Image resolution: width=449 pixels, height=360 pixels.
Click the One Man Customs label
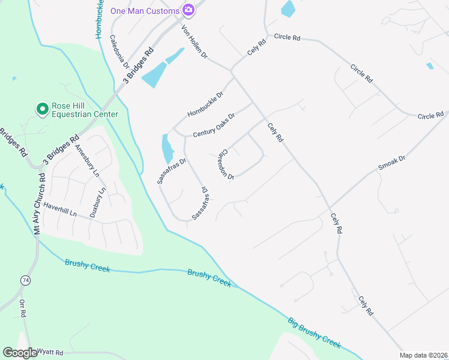[x=145, y=11]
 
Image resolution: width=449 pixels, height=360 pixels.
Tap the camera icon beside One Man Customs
[x=188, y=10]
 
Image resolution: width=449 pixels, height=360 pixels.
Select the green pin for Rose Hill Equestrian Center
[x=42, y=109]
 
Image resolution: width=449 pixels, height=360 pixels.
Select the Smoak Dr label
[x=392, y=163]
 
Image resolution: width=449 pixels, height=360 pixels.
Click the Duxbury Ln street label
[x=97, y=202]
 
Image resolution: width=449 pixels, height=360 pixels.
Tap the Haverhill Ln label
[x=60, y=211]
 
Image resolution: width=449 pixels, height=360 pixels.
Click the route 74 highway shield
[x=25, y=280]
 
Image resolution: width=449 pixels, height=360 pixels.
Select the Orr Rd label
[x=23, y=310]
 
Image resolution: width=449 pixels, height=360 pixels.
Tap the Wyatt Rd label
[x=50, y=352]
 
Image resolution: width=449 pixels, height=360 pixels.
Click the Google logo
[x=20, y=353]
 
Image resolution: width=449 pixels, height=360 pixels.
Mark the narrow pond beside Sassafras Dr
[x=166, y=149]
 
